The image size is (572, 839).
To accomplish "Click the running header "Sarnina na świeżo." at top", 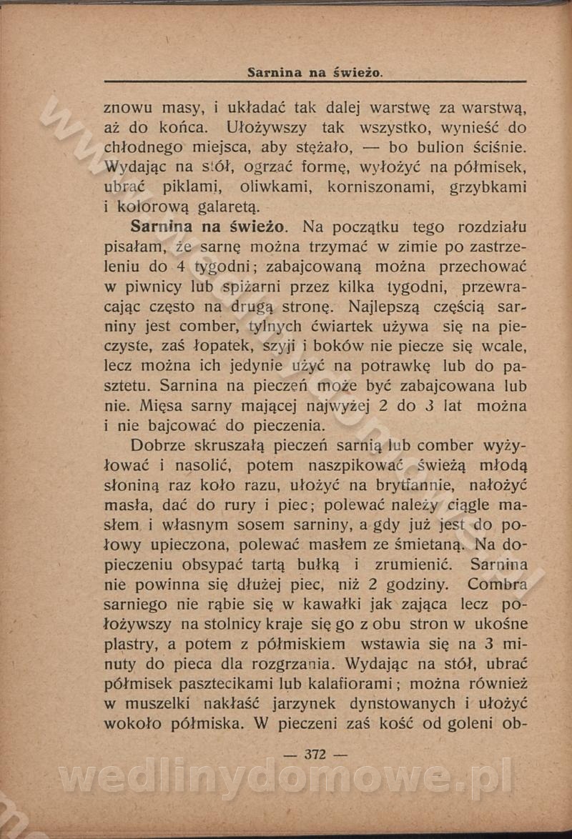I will click(x=315, y=73).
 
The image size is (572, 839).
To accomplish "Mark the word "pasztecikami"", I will click(x=225, y=683).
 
